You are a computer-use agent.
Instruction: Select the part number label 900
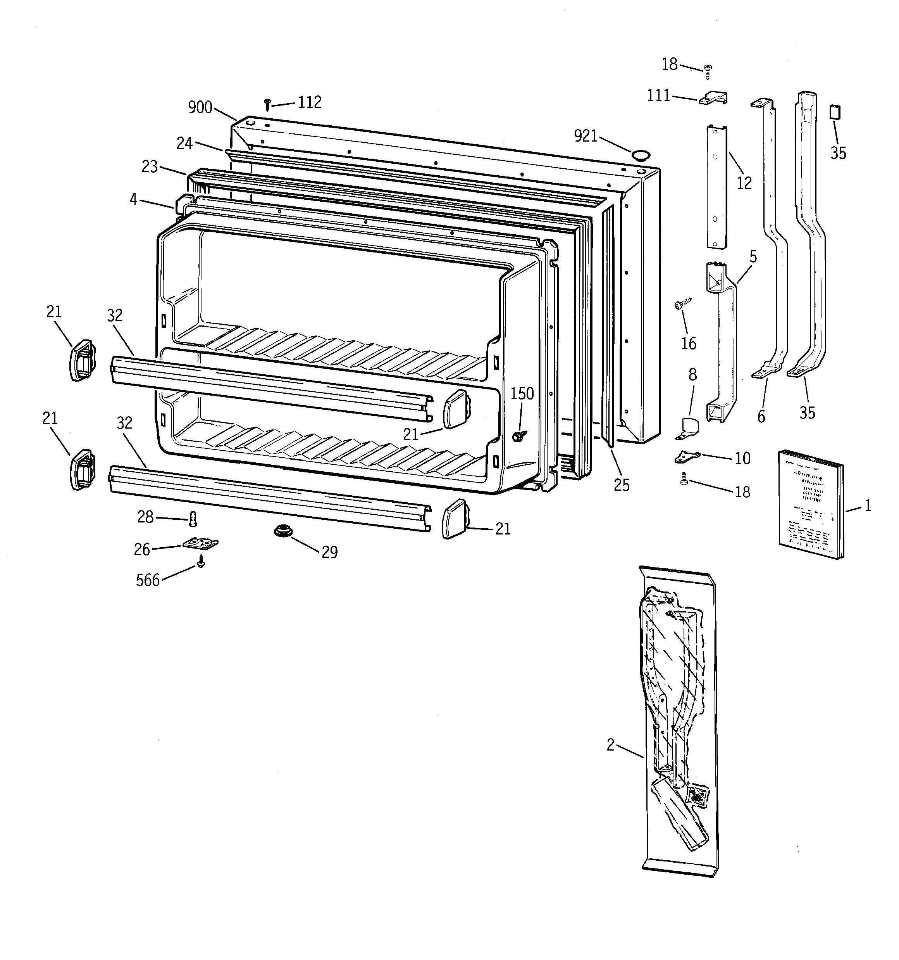click(x=200, y=107)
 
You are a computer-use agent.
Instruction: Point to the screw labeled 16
click(x=682, y=304)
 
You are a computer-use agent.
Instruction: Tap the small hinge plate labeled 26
click(x=200, y=544)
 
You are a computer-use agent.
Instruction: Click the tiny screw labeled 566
click(x=201, y=562)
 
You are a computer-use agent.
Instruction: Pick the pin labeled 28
click(x=193, y=519)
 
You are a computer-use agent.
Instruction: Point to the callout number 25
click(x=622, y=485)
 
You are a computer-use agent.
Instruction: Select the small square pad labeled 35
click(x=834, y=112)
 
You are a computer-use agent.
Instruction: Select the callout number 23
click(x=150, y=167)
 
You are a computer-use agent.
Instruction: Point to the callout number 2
click(x=610, y=745)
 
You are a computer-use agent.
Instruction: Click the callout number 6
click(x=761, y=416)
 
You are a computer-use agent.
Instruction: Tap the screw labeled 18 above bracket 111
click(x=708, y=71)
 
